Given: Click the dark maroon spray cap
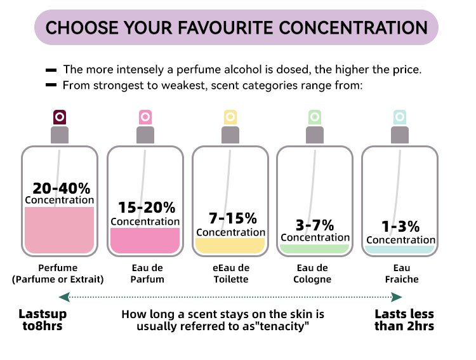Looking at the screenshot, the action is click(x=60, y=117).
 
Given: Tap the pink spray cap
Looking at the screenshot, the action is click(x=145, y=117).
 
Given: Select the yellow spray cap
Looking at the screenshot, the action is click(x=230, y=117).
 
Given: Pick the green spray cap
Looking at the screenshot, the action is click(x=315, y=117).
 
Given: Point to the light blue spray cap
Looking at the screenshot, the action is click(x=400, y=117).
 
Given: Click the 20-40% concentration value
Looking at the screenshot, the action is click(x=62, y=189).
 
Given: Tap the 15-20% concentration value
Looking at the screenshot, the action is click(x=147, y=208).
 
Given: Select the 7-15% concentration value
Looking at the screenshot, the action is click(x=233, y=218).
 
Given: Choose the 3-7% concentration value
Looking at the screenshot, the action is click(x=315, y=225).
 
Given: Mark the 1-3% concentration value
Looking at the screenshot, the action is click(x=400, y=227).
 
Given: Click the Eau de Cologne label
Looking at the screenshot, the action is click(x=312, y=274).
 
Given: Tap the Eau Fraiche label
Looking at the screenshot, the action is click(x=402, y=274).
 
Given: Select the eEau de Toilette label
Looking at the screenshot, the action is click(x=231, y=274).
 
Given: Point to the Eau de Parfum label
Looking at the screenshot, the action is click(x=147, y=274).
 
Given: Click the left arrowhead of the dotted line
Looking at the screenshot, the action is click(x=64, y=297).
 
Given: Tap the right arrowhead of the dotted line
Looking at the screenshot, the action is click(x=397, y=297).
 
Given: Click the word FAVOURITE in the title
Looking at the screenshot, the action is click(x=226, y=28).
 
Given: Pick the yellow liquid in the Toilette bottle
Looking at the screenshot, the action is click(x=230, y=245).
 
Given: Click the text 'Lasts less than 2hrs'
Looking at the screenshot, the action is click(x=404, y=320).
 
